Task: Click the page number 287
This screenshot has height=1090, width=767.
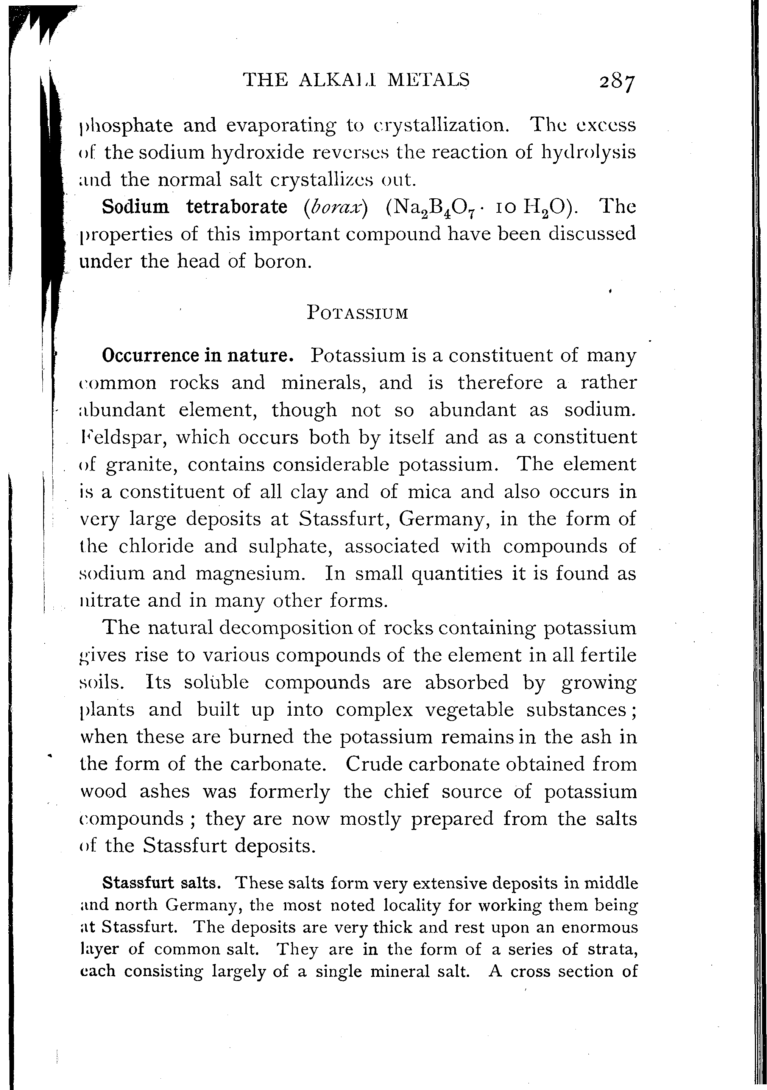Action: [616, 83]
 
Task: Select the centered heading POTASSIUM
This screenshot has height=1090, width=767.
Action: [357, 313]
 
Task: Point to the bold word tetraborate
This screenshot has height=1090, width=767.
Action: [237, 207]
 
